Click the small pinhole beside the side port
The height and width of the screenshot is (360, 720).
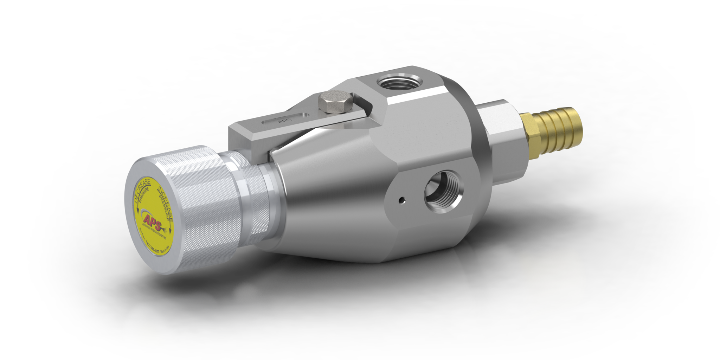click(x=401, y=201)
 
